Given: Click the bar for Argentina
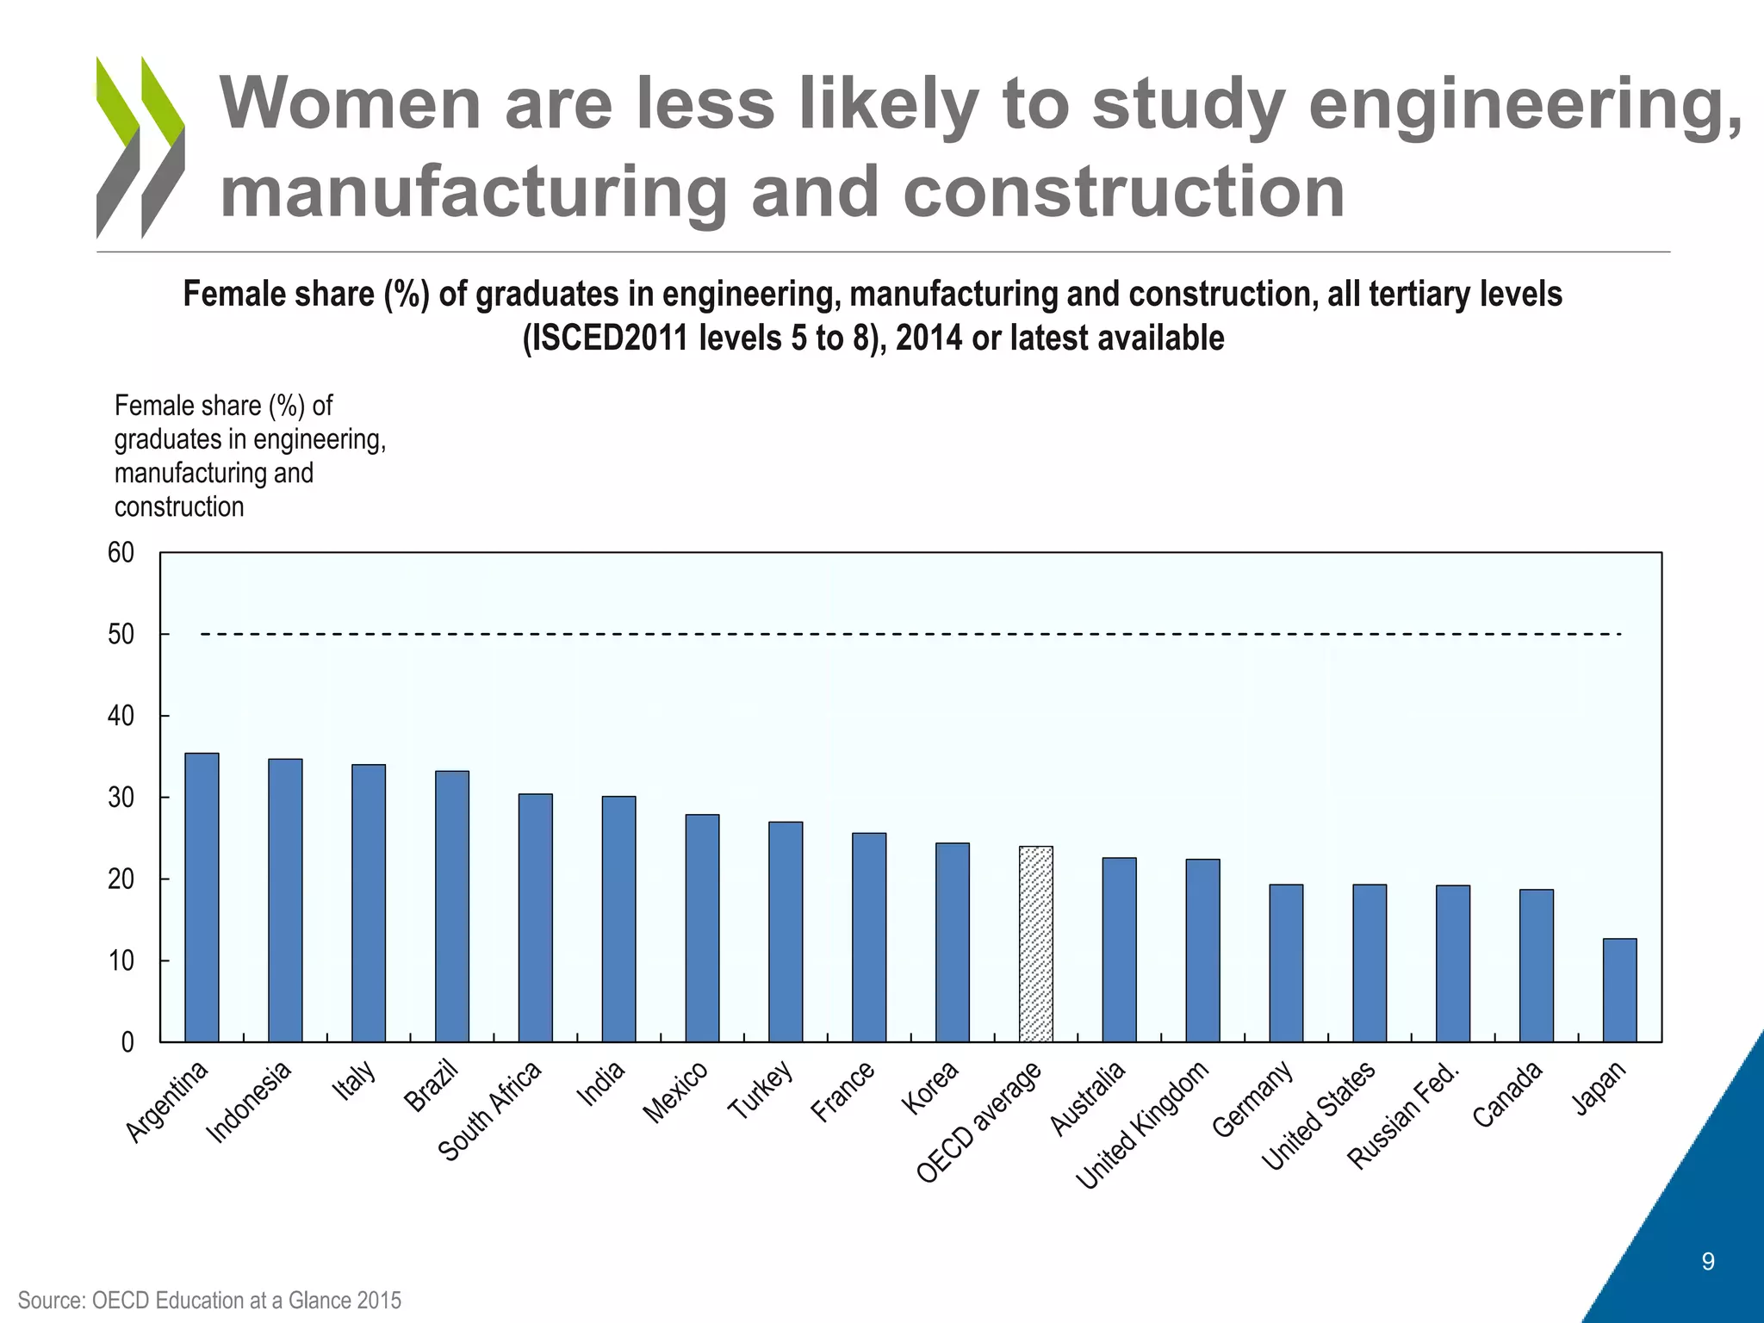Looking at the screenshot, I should click(202, 898).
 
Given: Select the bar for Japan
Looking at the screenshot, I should click(1619, 991).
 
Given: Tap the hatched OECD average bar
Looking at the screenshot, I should click(1035, 944).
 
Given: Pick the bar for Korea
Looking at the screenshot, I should click(952, 942).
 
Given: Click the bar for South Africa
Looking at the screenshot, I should click(535, 918).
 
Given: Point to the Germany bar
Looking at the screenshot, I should click(1285, 963).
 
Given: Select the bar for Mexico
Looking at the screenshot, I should click(702, 929).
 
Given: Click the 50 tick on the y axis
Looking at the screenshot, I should click(121, 635).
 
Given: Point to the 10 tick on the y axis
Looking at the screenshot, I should click(121, 961).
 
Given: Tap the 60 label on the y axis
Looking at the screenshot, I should click(121, 553).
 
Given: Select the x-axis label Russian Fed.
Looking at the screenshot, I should click(1403, 1117).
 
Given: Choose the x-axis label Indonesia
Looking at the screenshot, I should click(249, 1102).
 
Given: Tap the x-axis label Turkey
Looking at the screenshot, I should click(760, 1090).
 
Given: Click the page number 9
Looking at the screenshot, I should click(1708, 1262).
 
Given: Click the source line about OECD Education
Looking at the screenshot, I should click(209, 1300).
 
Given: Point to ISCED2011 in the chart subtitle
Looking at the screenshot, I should click(608, 339).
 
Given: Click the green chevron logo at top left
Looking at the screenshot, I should click(140, 146).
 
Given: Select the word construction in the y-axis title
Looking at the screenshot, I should click(179, 507).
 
